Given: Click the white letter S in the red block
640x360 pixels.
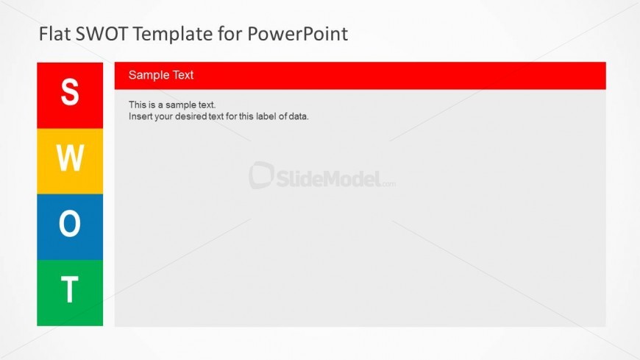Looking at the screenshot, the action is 70,92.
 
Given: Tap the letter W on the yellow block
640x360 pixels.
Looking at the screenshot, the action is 70,158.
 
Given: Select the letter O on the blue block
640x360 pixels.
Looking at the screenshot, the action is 70,223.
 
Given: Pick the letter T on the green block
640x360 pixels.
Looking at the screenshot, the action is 70,289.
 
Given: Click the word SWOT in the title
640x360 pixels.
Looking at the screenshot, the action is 102,34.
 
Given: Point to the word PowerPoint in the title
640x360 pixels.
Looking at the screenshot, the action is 297,34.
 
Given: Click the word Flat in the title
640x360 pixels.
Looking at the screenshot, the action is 55,34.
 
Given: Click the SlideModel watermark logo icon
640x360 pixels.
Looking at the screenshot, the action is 261,175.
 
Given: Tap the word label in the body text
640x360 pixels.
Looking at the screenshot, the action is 266,116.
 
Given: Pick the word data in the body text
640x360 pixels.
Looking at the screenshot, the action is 299,116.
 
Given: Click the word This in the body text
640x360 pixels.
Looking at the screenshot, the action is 137,105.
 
